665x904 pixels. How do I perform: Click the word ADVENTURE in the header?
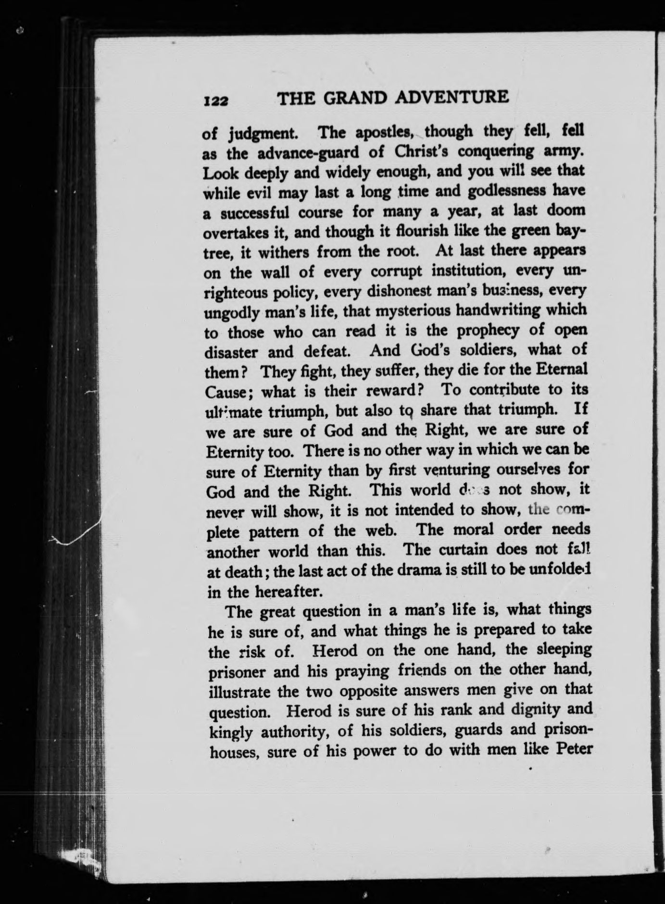click(x=452, y=98)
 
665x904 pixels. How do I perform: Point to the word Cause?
click(x=228, y=392)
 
